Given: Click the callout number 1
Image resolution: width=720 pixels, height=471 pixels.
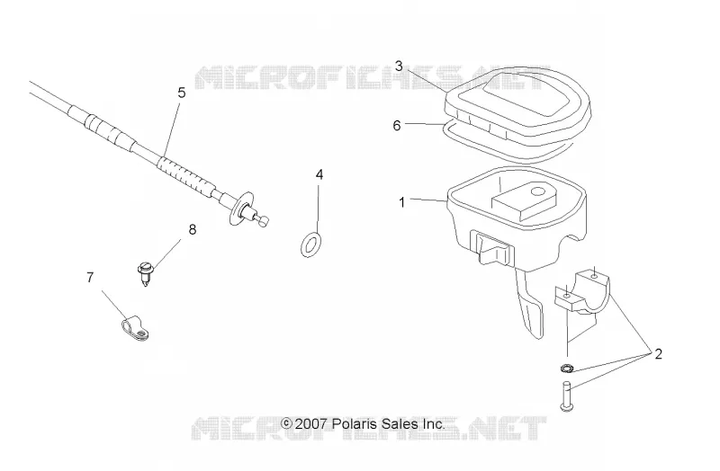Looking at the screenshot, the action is (x=401, y=202).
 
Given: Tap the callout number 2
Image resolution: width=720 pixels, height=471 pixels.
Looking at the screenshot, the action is (x=658, y=354).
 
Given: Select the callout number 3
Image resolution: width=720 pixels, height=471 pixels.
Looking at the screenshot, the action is (x=399, y=67).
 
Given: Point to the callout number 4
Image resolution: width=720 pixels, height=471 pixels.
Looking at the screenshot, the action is (x=319, y=174).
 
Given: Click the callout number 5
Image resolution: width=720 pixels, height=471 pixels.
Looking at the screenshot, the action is (x=182, y=93).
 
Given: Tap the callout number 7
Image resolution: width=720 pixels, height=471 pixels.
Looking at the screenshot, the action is (x=90, y=277).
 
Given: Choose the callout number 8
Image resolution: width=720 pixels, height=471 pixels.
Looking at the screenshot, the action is (x=193, y=229).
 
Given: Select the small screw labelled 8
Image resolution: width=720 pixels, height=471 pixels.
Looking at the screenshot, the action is (x=146, y=273).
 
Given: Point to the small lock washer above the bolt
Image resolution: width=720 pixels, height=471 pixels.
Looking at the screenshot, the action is (x=567, y=368).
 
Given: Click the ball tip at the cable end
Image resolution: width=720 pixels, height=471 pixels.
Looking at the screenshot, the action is (x=264, y=221).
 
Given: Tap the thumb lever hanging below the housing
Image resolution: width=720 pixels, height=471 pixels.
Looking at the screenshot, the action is (x=530, y=305).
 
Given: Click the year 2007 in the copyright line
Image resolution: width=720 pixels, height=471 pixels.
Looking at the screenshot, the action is (x=310, y=423).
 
